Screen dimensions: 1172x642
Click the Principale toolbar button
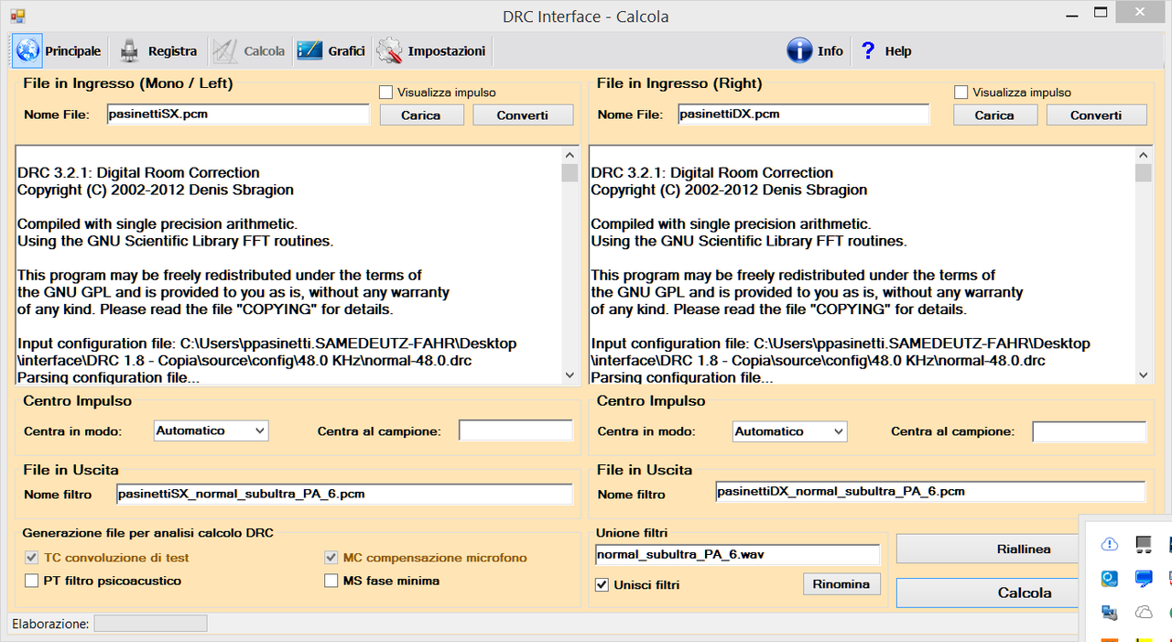(x=58, y=50)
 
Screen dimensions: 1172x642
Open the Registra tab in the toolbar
(x=157, y=50)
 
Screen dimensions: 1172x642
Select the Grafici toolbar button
(x=331, y=50)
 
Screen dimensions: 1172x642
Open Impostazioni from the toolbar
(x=431, y=50)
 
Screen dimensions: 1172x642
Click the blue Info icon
(x=799, y=50)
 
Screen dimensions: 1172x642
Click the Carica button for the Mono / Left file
(x=421, y=115)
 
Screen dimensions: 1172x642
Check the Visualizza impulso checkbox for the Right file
(x=960, y=92)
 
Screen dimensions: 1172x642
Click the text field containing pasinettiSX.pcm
(x=238, y=114)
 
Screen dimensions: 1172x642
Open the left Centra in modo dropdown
(x=211, y=430)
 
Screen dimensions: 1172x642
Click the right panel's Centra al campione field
(x=1089, y=431)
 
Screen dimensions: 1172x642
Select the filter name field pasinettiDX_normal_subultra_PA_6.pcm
(x=930, y=492)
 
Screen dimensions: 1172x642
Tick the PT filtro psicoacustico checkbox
(x=31, y=581)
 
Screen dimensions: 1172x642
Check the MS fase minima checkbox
(x=331, y=581)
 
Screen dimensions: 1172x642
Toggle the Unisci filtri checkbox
(x=602, y=585)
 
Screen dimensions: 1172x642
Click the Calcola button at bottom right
(x=988, y=593)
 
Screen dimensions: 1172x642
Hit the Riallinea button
(x=988, y=549)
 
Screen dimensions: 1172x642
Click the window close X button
(x=1140, y=12)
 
